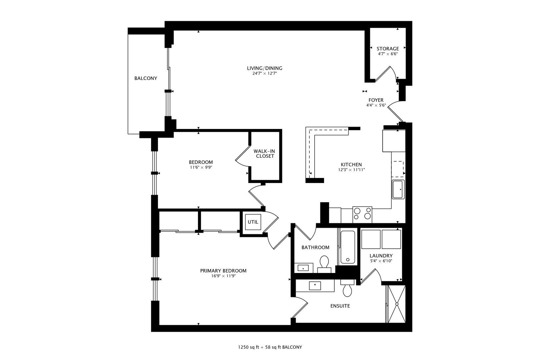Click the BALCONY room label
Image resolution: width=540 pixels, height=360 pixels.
point(146,78)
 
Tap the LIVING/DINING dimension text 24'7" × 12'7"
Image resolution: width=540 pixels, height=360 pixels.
point(265,73)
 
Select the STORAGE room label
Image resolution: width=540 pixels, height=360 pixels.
point(388,49)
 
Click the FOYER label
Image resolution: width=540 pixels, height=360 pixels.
point(376,100)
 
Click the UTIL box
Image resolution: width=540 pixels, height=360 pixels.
point(253,222)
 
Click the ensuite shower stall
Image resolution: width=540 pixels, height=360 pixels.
point(397,304)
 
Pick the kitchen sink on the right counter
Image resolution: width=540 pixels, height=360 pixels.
point(398,189)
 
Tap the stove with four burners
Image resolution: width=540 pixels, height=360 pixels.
point(362,213)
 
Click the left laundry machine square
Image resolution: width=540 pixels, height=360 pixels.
point(371,239)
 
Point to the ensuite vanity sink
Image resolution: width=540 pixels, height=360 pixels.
point(315,286)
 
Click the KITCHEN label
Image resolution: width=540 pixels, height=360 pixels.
point(351,165)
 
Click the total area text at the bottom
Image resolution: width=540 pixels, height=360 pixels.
point(270,347)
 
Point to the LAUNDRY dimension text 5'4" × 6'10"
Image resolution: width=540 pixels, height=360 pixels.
point(381,261)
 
